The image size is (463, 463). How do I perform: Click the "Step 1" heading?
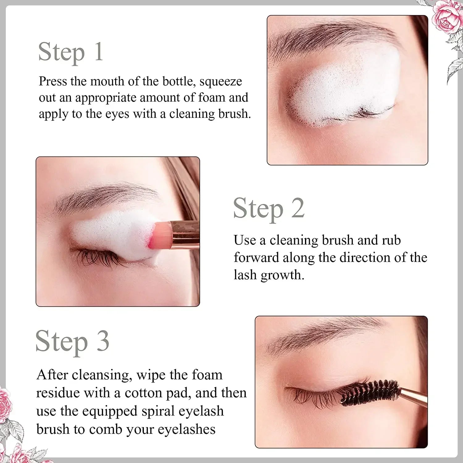(71, 52)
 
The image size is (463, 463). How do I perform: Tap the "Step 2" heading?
(269, 209)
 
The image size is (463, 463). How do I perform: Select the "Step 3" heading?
(73, 341)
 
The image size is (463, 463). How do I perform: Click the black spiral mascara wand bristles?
(370, 392)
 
